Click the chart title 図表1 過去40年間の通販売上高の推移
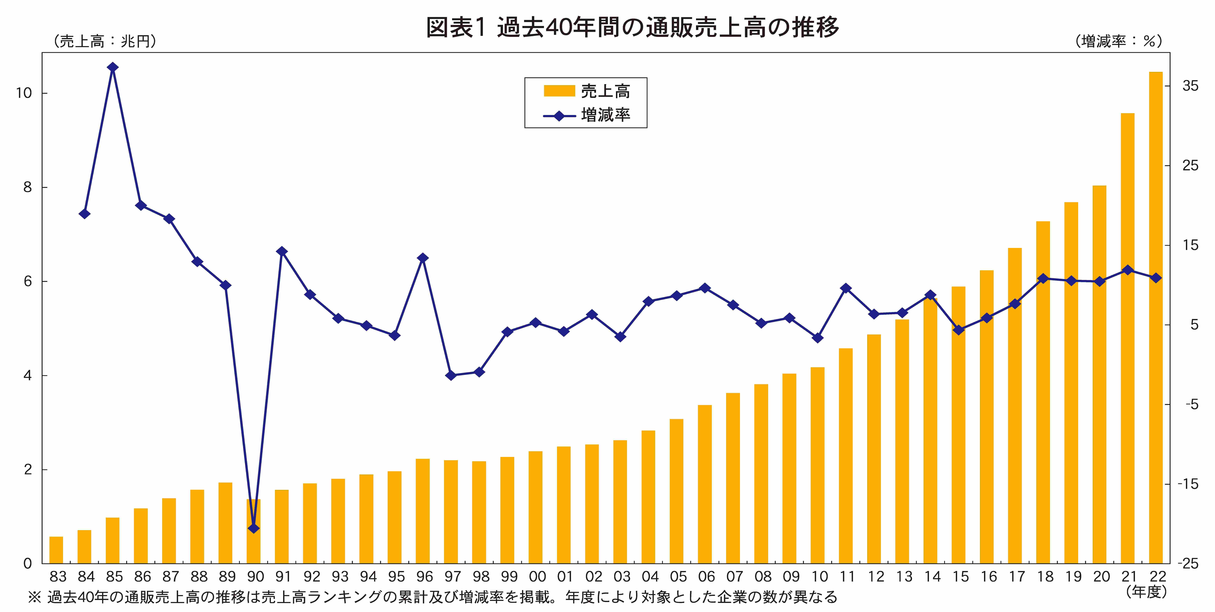coord(632,27)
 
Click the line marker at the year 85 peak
coord(112,67)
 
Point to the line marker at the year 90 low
coord(253,528)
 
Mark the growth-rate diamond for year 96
coord(423,258)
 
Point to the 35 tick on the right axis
coord(1190,86)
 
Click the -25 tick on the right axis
coord(1188,563)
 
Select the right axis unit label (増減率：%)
coord(1119,41)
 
